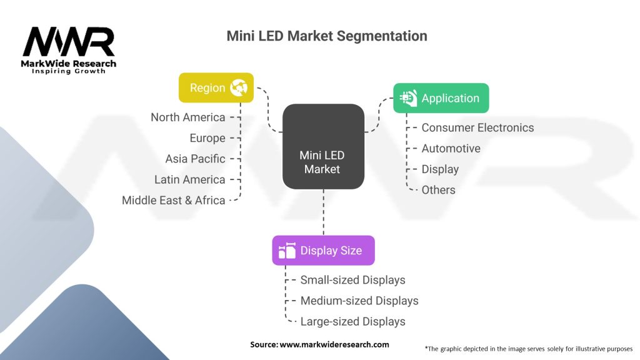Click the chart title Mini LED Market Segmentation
[326, 36]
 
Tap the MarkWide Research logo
[69, 50]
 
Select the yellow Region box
[216, 87]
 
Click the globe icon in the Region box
[238, 87]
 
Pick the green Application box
[441, 98]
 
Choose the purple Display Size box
[323, 251]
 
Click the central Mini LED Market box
[322, 162]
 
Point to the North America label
[187, 117]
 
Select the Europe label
[207, 138]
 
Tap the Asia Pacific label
[195, 159]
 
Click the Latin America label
[189, 179]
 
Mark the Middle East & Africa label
[173, 201]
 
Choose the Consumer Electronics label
[477, 127]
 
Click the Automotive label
[451, 149]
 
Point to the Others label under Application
[438, 190]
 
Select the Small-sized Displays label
[352, 280]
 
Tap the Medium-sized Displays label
[359, 301]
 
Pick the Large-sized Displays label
[352, 322]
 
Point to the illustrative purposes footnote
[528, 348]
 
